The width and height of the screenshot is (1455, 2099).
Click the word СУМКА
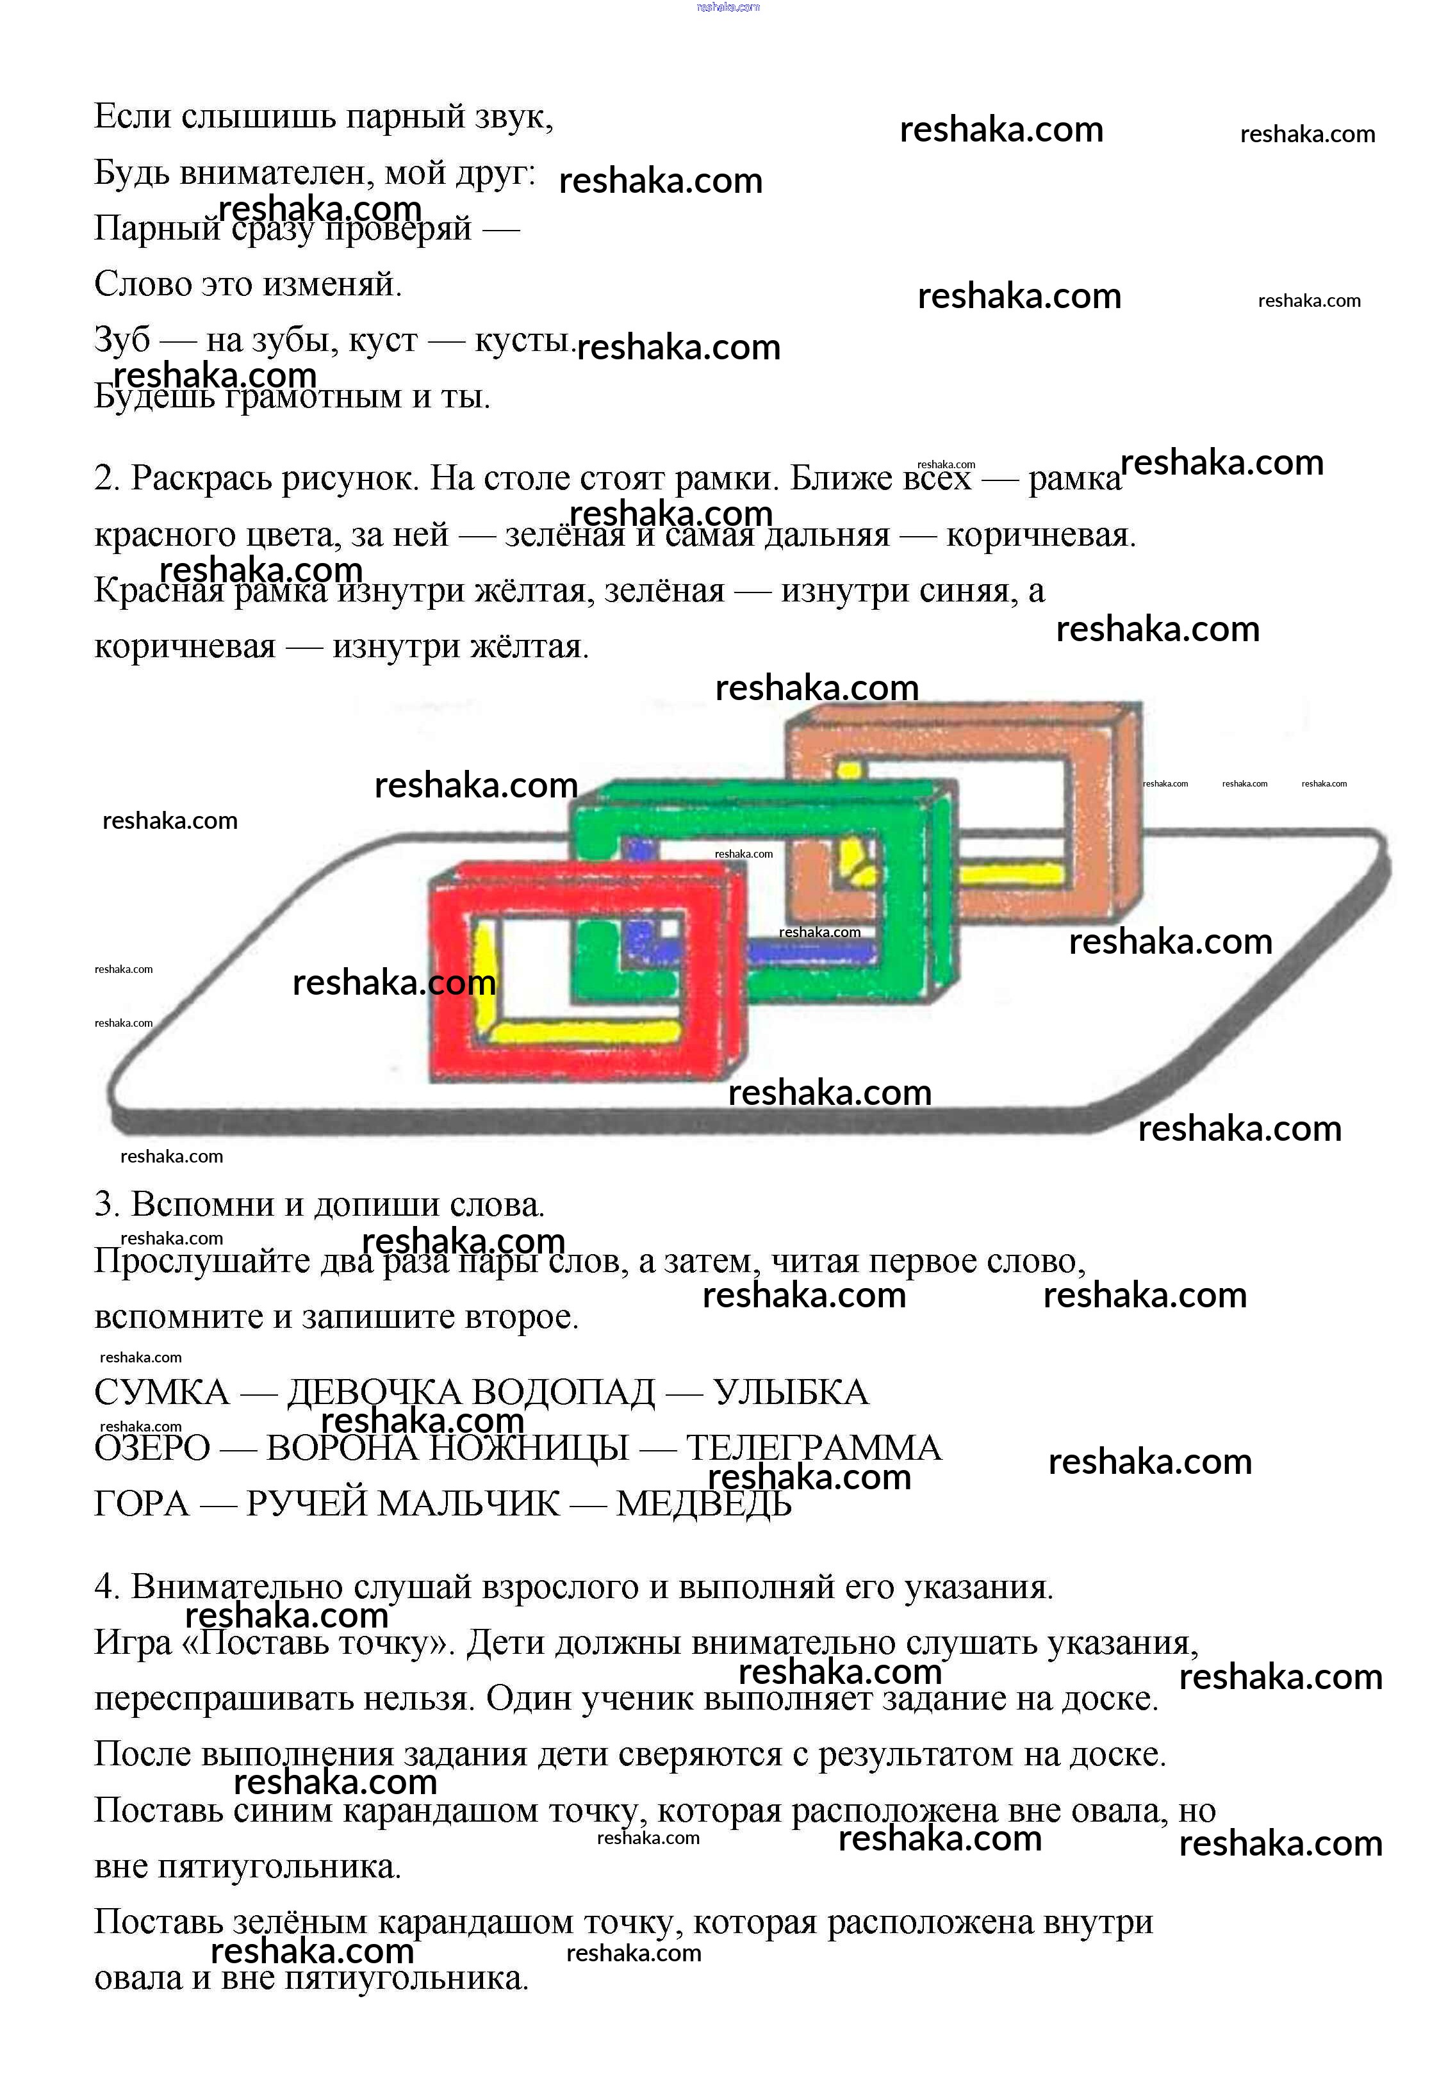point(161,1393)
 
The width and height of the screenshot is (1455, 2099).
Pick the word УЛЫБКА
point(791,1393)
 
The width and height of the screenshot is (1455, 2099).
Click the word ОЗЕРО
point(152,1448)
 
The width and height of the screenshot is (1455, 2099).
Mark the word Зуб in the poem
point(122,341)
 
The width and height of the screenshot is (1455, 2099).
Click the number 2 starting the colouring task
point(106,478)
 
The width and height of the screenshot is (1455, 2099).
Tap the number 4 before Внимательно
point(106,1587)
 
